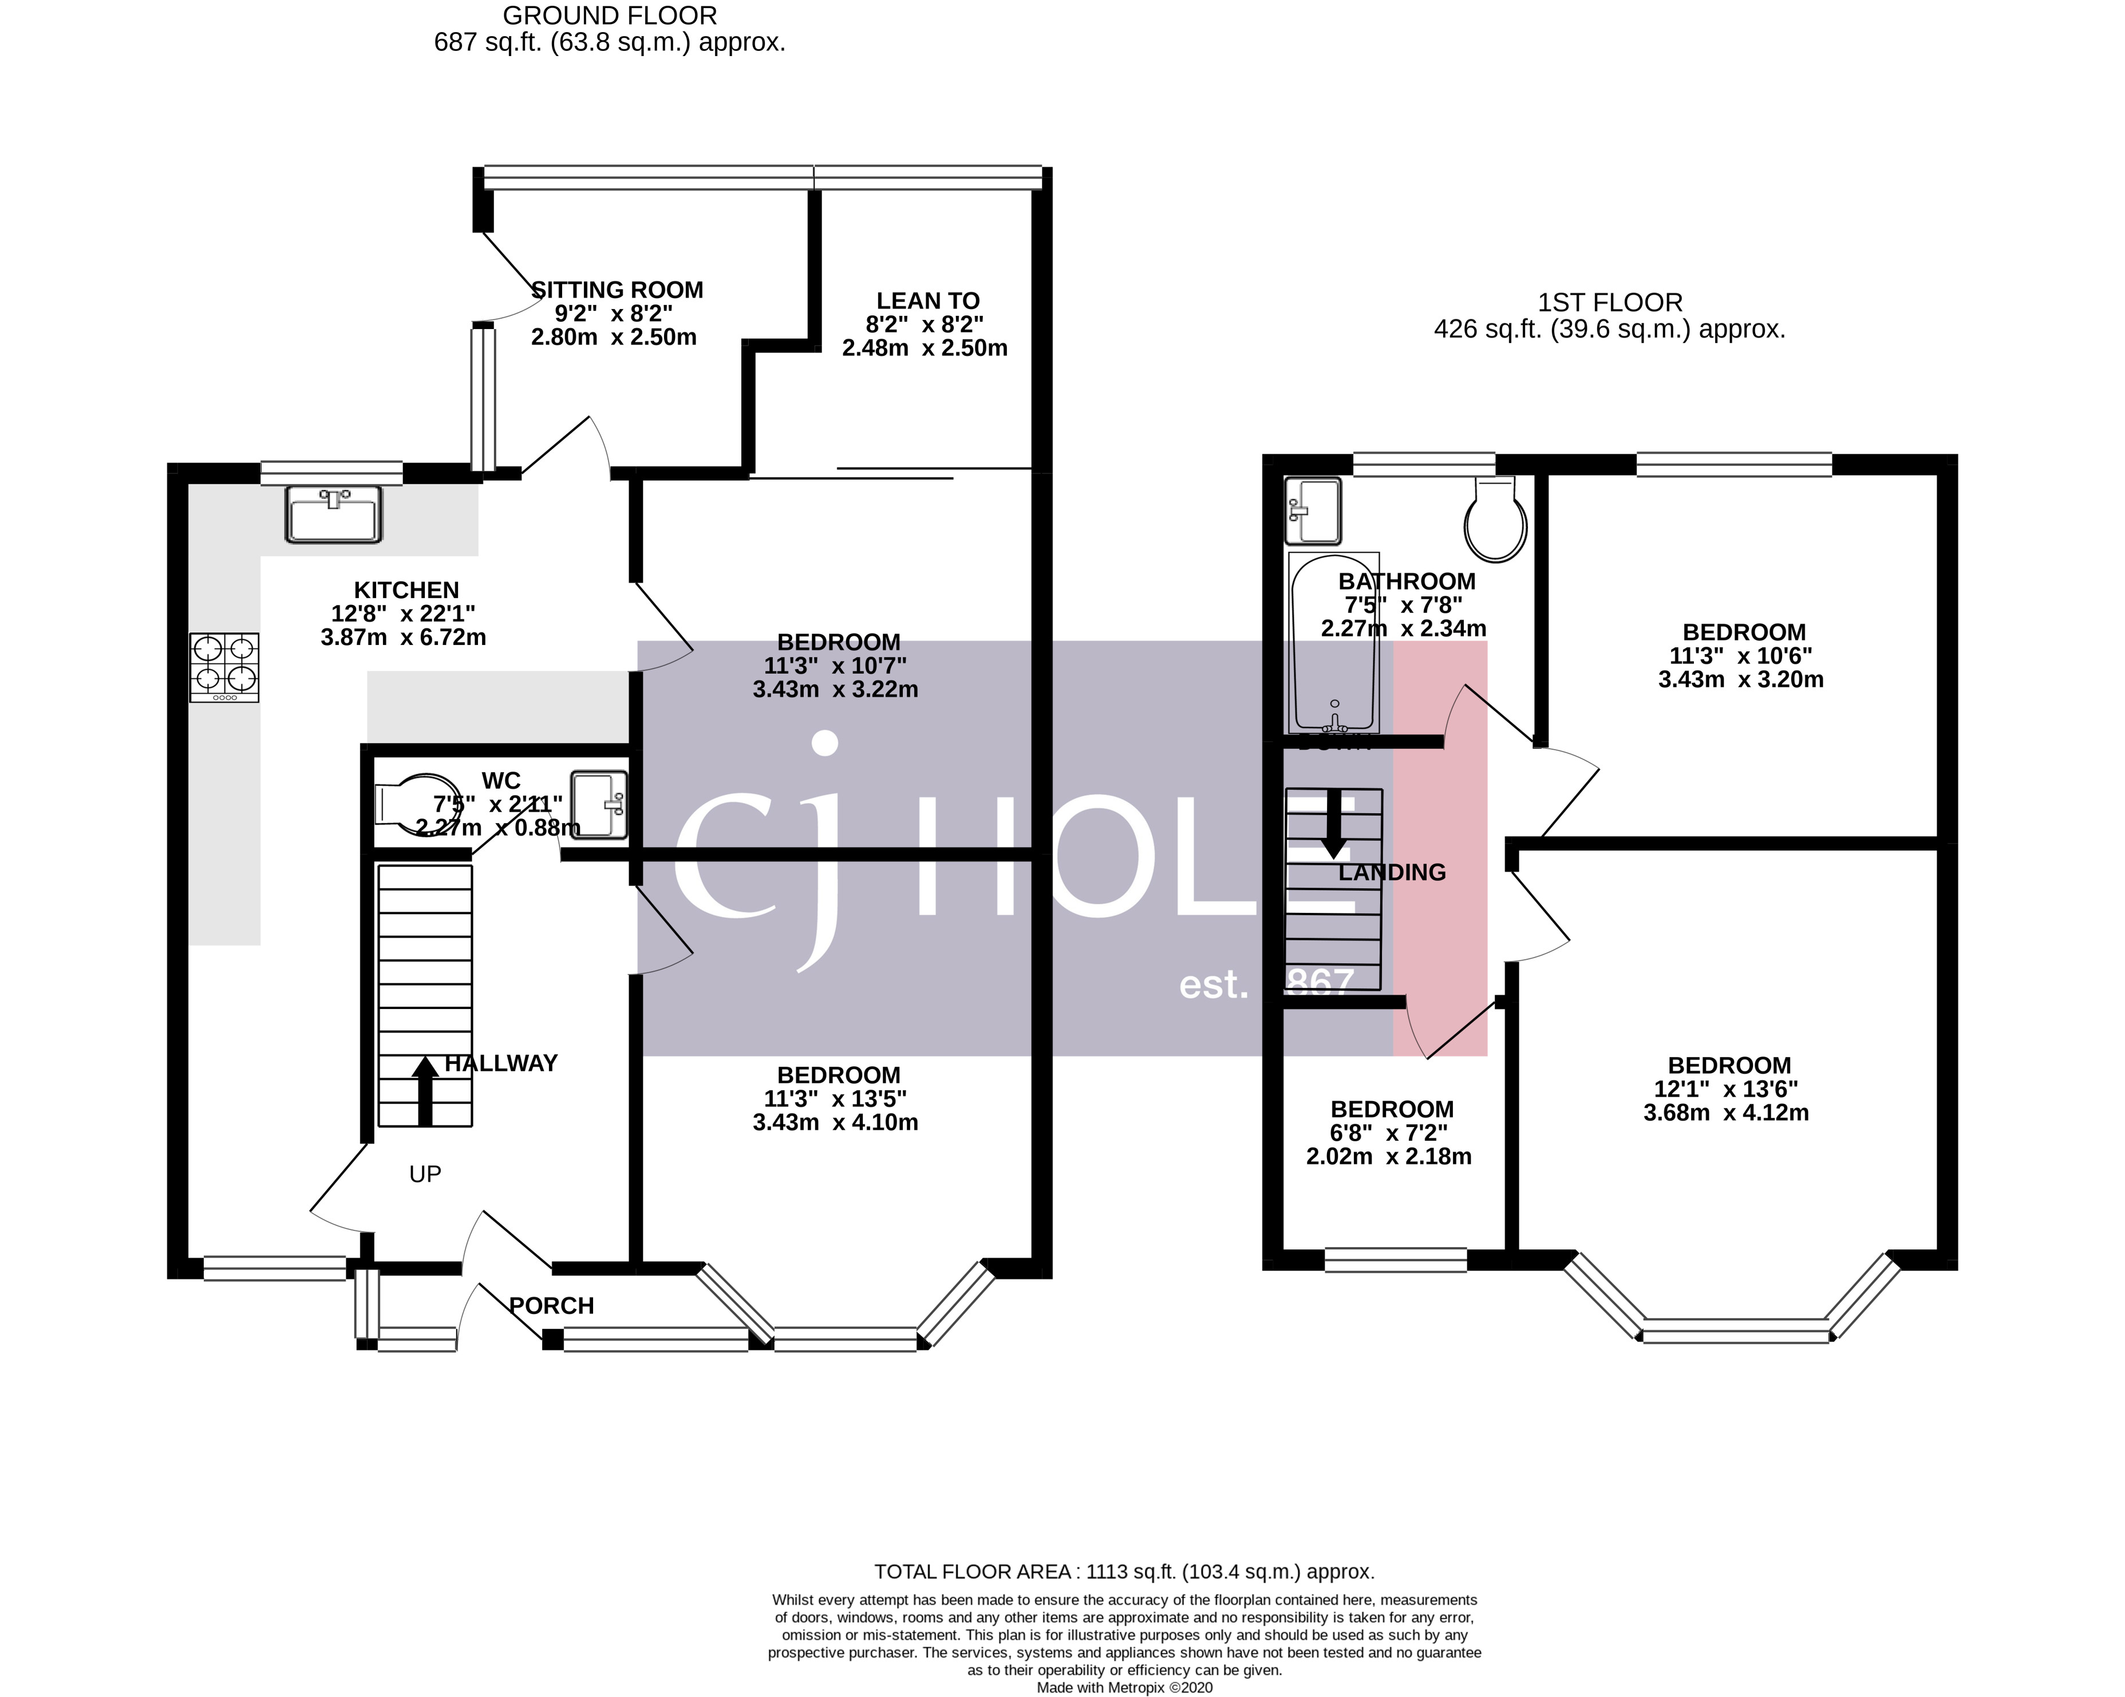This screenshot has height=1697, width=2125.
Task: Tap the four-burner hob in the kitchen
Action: tap(225, 667)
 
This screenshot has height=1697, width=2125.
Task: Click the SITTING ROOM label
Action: tap(618, 290)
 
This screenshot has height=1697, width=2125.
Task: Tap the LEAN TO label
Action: tap(927, 300)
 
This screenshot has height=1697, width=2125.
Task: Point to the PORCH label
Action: tap(551, 1306)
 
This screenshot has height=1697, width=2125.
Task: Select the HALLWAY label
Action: tap(501, 1063)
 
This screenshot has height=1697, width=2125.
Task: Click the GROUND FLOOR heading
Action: tap(609, 16)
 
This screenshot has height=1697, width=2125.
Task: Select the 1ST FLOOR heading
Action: tap(1610, 303)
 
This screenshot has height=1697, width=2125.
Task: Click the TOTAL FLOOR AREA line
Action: tap(1124, 1572)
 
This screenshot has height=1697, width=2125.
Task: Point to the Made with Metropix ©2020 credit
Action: tap(1124, 1687)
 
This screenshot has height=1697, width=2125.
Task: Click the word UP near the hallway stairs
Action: tap(425, 1174)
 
